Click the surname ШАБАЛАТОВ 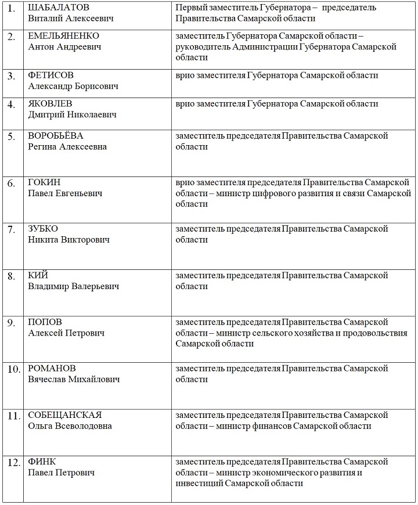tap(59, 8)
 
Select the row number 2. tap(11, 37)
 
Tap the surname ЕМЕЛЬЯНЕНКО tap(64, 36)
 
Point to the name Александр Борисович tap(73, 86)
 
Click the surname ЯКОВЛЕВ tap(51, 104)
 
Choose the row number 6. tap(11, 183)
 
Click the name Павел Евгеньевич tap(65, 193)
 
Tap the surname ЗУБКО tap(43, 229)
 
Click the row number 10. tap(13, 369)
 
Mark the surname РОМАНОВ tap(52, 369)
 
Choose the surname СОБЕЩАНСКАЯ tap(65, 415)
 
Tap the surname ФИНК tap(42, 461)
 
